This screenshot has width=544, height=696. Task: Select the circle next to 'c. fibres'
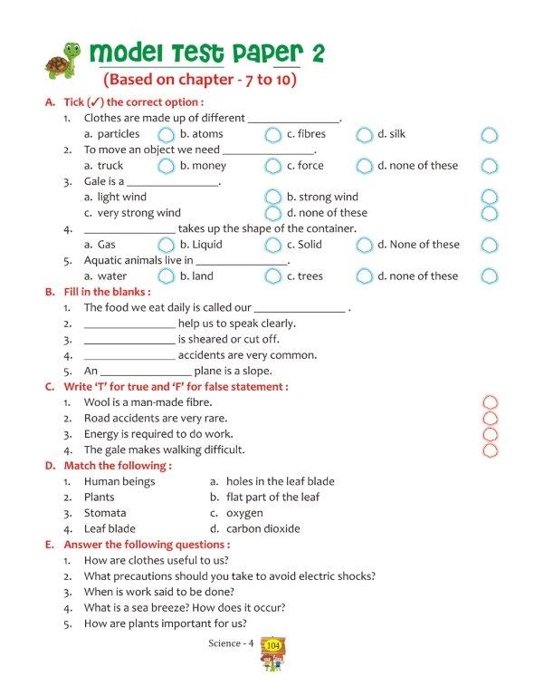pos(364,135)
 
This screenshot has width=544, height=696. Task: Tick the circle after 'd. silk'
pos(489,135)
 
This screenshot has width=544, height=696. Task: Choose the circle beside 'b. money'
pos(272,167)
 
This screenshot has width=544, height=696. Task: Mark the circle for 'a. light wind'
pos(272,198)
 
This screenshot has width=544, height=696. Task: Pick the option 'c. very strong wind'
pos(132,213)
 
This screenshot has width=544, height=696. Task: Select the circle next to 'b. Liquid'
pos(272,246)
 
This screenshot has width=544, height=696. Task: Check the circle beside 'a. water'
pos(166,276)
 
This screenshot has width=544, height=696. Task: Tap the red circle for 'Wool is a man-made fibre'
pos(491,402)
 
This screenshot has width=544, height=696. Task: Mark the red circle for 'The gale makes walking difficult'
pos(491,449)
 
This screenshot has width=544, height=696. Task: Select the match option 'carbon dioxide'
pos(263,528)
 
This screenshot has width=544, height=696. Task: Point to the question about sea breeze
pos(185,607)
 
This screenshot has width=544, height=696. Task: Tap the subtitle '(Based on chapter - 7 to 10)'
pos(200,79)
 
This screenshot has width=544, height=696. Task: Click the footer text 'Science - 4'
pos(231,643)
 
